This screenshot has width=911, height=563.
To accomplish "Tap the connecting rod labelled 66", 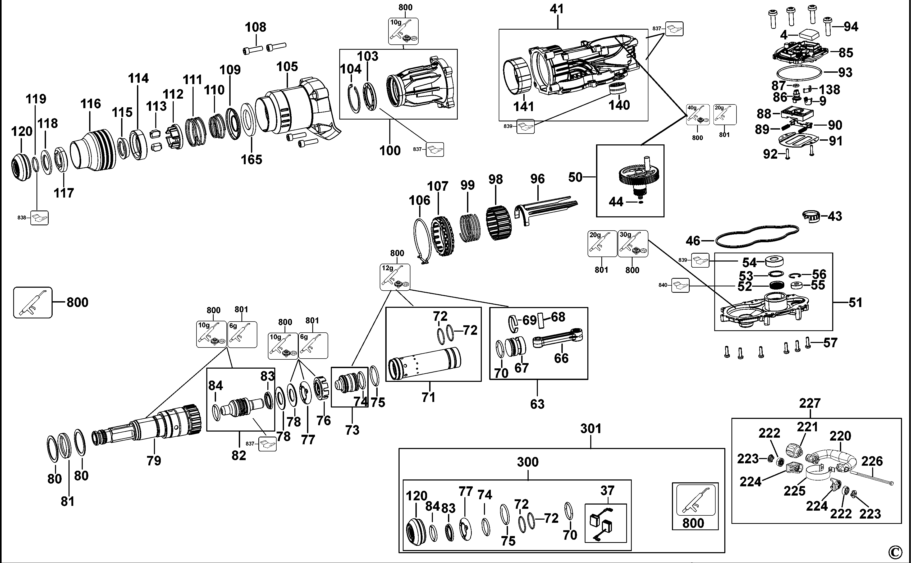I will pos(557,340).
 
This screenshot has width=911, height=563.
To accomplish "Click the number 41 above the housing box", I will pos(557,9).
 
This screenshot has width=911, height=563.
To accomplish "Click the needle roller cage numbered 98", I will pos(498,223).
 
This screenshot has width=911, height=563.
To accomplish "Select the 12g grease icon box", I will pos(395,277).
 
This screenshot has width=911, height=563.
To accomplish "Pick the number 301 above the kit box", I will pos(591,429).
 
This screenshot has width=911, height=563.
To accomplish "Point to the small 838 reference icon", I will pos(39,218).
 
